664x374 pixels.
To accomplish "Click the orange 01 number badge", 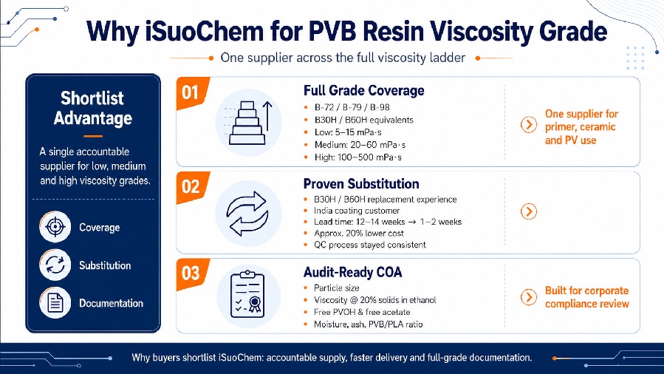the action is (192, 92).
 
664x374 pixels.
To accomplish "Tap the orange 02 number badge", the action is (192, 187).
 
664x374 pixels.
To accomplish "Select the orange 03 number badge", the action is (192, 273).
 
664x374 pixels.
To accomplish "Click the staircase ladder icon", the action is (249, 123).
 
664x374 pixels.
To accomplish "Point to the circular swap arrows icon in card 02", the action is (247, 214).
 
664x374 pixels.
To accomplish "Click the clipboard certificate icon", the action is (247, 295).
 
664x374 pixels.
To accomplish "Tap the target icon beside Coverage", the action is (55, 227).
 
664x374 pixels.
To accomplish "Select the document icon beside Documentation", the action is (55, 302).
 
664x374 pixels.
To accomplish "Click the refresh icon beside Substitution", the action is (55, 265).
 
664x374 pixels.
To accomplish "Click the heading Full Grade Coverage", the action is (364, 90).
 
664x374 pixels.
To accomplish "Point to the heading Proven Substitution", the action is (361, 184).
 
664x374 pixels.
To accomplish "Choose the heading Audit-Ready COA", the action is (353, 272).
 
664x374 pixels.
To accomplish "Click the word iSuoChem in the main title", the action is (205, 31).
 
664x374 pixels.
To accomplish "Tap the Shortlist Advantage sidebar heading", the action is (93, 108).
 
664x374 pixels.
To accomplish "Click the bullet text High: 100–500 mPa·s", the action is (357, 157).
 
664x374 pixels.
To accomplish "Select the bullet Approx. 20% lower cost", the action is (359, 234).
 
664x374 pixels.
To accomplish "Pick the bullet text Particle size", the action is (336, 288).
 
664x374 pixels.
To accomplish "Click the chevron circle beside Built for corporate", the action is (529, 297).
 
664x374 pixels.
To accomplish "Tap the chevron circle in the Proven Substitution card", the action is (529, 211).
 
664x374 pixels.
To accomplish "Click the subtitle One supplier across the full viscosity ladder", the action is (343, 58).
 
